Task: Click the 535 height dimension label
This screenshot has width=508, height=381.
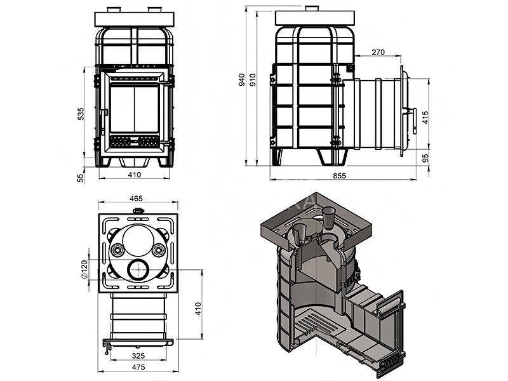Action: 81,114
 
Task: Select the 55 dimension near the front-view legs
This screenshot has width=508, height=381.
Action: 81,178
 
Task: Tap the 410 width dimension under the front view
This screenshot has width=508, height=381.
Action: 134,175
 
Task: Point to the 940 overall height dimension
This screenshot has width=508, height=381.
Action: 241,80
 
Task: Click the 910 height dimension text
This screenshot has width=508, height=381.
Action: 252,80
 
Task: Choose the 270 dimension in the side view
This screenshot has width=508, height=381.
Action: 378,53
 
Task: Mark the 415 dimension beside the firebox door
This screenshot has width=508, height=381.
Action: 425,117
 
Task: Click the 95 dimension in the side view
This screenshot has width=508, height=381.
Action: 425,157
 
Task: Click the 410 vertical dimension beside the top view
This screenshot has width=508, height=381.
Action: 197,309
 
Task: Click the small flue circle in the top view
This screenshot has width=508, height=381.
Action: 136,271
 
